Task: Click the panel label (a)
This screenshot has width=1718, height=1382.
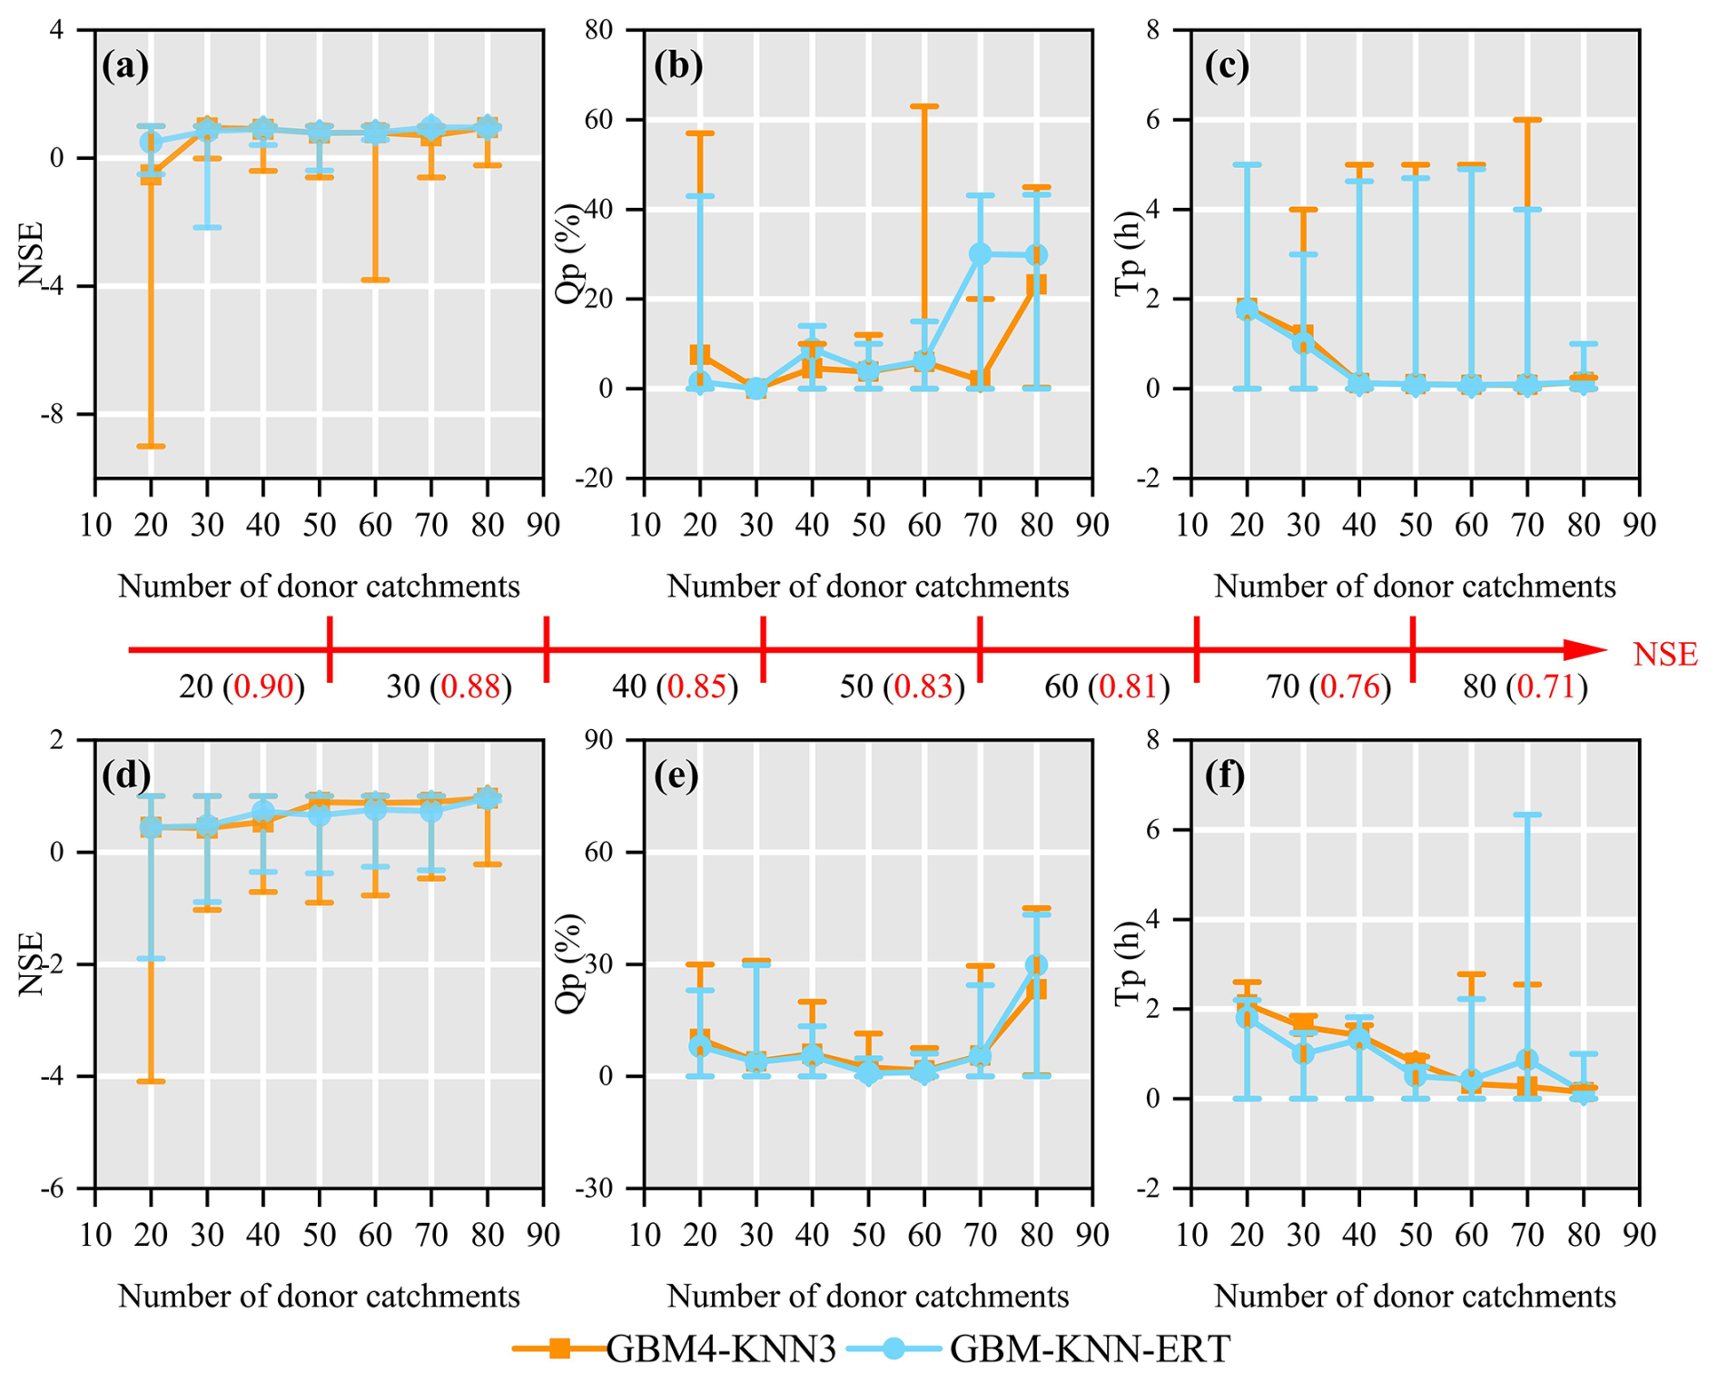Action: [125, 66]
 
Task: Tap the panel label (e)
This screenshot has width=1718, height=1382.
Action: [676, 776]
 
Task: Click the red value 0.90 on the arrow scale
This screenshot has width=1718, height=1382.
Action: [263, 687]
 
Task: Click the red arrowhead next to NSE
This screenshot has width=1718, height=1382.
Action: [1585, 650]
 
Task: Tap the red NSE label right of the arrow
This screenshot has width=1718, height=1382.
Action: [1664, 655]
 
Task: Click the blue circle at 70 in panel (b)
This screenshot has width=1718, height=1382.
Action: [981, 254]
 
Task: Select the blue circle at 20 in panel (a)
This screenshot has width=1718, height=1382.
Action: [151, 143]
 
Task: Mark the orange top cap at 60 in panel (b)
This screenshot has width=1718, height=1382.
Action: [924, 106]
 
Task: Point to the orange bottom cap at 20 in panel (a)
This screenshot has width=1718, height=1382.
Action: [151, 446]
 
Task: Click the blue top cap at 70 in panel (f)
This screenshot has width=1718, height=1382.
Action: [1528, 814]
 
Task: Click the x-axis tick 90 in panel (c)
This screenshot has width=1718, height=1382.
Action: [1639, 525]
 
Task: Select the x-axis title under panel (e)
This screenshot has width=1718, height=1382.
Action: [867, 1297]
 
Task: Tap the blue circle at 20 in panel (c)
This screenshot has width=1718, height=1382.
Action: [1248, 310]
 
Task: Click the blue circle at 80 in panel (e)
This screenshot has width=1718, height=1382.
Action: [1036, 965]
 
